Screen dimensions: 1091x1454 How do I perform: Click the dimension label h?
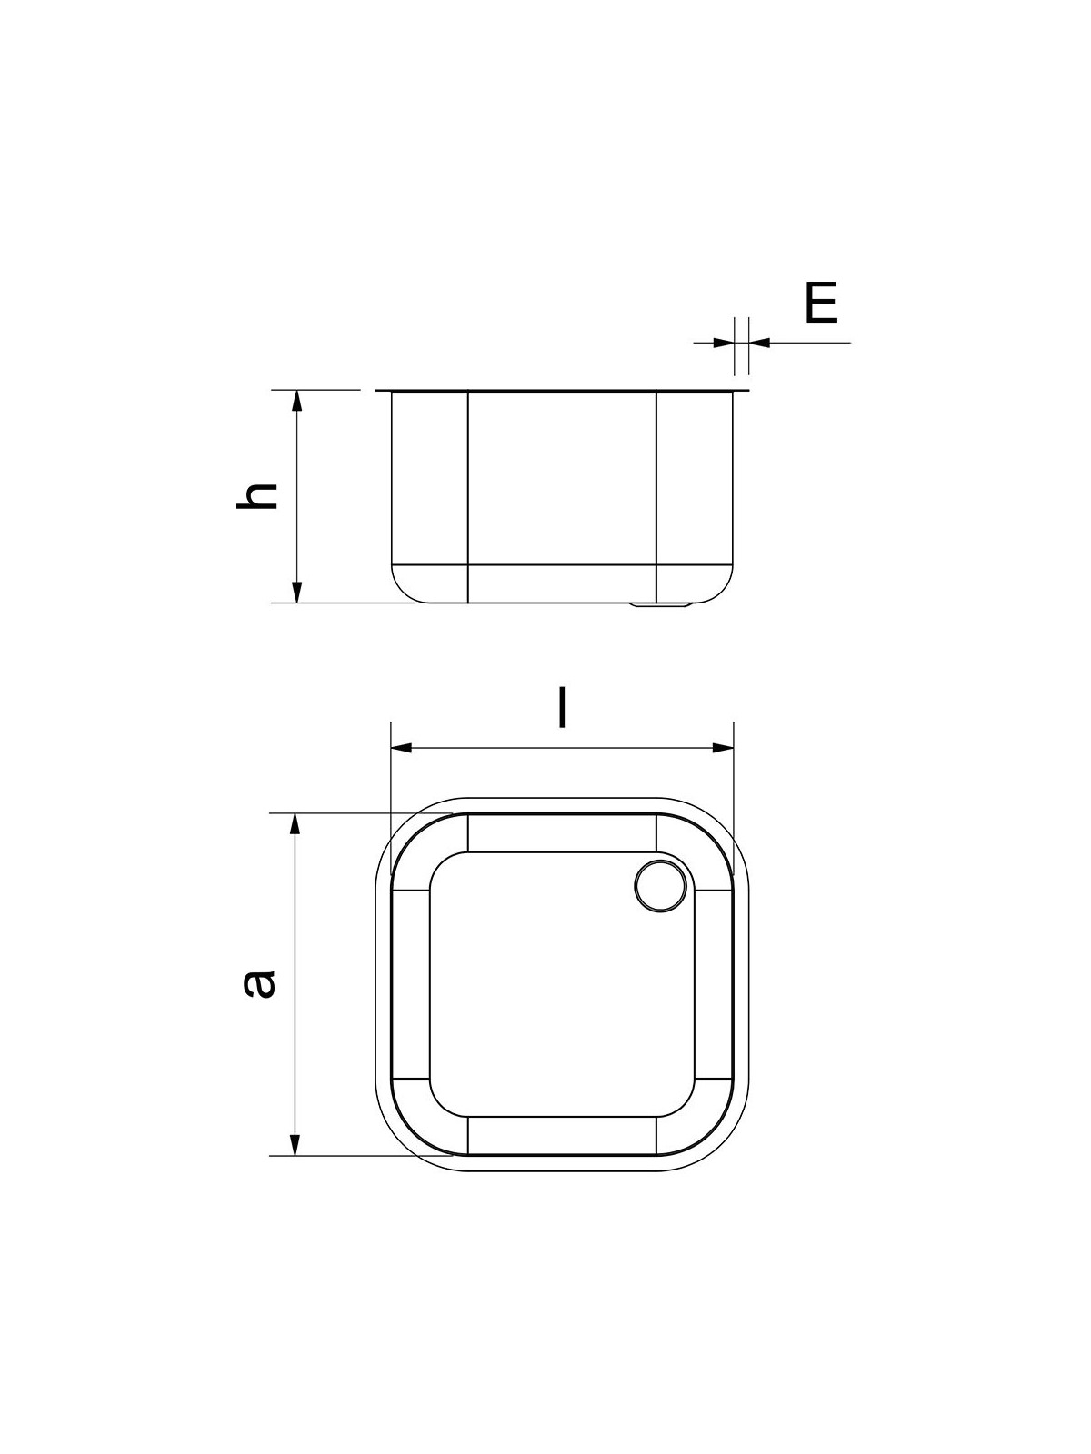[x=256, y=495]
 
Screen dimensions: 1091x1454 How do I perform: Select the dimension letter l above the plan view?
[x=562, y=707]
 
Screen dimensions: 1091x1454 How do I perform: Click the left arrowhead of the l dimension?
[x=402, y=748]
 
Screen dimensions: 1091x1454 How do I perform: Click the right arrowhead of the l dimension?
[x=723, y=748]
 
